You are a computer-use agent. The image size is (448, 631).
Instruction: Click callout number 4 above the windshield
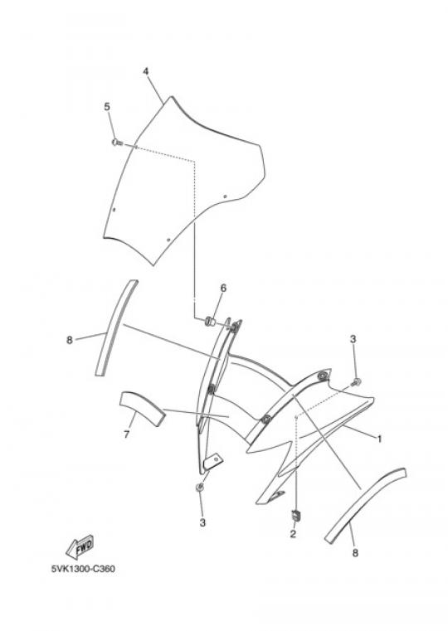146,71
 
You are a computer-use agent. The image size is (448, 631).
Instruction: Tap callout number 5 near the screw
107,107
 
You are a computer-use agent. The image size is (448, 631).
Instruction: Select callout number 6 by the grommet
223,288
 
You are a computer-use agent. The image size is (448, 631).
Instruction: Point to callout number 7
126,434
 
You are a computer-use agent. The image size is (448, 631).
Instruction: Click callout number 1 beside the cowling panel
379,439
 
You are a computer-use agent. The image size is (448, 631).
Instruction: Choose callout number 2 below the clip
293,534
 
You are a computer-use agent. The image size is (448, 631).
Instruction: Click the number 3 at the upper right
353,339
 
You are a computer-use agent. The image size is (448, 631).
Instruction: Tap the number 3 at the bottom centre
202,522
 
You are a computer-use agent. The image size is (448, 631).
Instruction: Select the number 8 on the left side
69,340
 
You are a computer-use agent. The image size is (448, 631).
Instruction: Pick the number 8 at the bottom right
355,553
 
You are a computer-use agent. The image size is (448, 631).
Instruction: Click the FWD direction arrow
80,546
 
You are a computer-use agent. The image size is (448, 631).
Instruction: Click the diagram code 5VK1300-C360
83,569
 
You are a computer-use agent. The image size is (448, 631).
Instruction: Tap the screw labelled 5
116,143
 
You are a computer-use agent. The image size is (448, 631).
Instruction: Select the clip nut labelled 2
296,515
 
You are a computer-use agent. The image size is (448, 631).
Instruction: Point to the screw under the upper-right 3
356,382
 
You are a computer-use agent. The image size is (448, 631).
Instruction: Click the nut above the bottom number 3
199,488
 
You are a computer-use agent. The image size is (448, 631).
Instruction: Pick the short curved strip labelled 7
143,407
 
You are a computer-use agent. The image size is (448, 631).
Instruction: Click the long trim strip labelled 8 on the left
116,328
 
